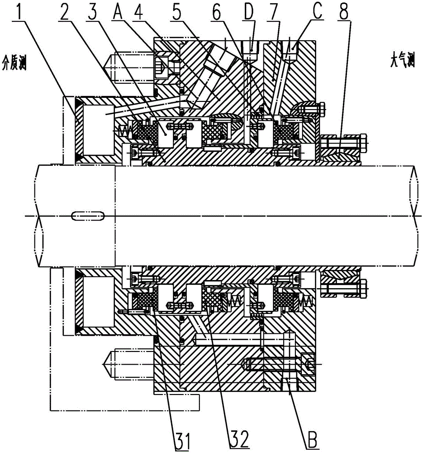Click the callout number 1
[x=20, y=11]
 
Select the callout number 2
[x=65, y=11]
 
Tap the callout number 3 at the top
[x=93, y=11]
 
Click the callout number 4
[x=140, y=11]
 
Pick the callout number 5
[x=177, y=11]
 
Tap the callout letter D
[x=248, y=11]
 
